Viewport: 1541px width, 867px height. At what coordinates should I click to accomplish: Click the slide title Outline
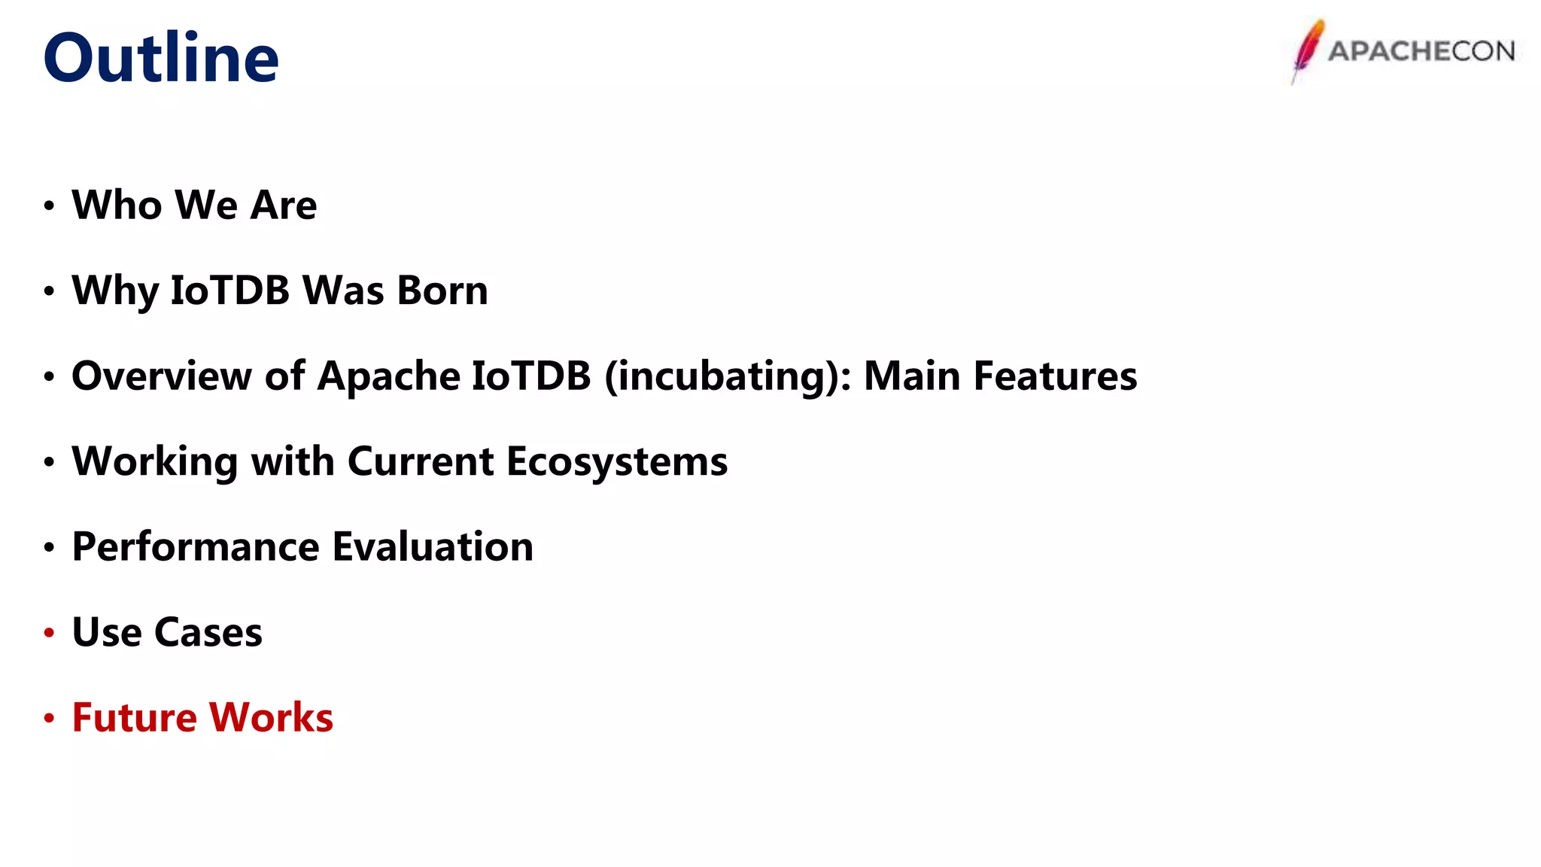pyautogui.click(x=161, y=58)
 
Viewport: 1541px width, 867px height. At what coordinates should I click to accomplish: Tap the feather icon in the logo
pyautogui.click(x=1308, y=50)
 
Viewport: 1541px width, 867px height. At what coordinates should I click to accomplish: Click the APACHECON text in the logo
pyautogui.click(x=1421, y=51)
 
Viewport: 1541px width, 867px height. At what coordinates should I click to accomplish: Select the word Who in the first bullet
pyautogui.click(x=117, y=205)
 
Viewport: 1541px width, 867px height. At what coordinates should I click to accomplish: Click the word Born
pyautogui.click(x=442, y=291)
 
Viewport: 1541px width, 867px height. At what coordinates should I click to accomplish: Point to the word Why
pyautogui.click(x=115, y=292)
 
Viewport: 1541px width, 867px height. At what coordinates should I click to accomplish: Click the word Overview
pyautogui.click(x=161, y=376)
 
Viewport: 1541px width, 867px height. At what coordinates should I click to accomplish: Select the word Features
pyautogui.click(x=1055, y=376)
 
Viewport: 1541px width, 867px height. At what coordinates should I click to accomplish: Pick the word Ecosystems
pyautogui.click(x=617, y=461)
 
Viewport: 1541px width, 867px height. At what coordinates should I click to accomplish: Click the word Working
pyautogui.click(x=154, y=461)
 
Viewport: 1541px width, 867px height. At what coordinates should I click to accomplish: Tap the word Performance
pyautogui.click(x=196, y=546)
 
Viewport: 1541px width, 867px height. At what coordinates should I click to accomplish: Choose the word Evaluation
pyautogui.click(x=433, y=546)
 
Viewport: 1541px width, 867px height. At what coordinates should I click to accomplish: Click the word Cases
pyautogui.click(x=208, y=632)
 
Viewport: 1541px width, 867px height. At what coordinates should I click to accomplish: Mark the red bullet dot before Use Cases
pyautogui.click(x=49, y=633)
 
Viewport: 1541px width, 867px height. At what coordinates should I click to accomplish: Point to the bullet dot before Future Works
pyautogui.click(x=49, y=718)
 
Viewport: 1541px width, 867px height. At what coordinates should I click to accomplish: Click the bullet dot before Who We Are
pyautogui.click(x=49, y=205)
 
